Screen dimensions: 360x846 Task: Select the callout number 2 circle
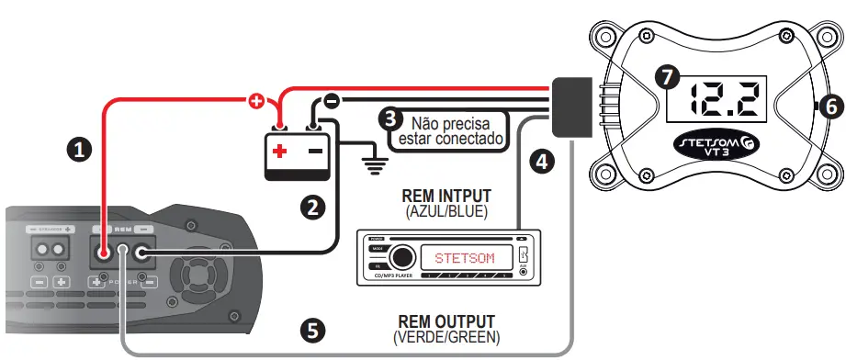tap(313, 207)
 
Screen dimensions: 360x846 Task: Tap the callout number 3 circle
tap(392, 118)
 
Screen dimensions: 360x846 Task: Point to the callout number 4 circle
tap(543, 163)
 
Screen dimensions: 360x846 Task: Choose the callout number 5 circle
tap(313, 330)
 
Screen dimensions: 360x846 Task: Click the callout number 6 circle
tap(829, 107)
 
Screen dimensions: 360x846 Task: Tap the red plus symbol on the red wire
tap(257, 101)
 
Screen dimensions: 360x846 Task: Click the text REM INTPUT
tap(446, 196)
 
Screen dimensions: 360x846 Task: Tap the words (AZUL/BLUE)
tap(446, 210)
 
